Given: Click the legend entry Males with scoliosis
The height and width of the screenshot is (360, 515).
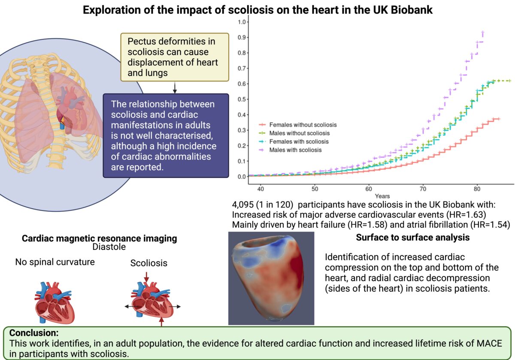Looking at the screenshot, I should (x=295, y=150).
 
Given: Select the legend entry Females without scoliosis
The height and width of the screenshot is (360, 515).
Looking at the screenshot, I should (x=303, y=125).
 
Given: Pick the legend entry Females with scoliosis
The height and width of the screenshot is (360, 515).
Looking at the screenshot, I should (x=298, y=141).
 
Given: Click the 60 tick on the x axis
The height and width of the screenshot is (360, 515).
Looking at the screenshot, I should (x=369, y=189).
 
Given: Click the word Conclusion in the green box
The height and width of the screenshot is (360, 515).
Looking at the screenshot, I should (x=33, y=333).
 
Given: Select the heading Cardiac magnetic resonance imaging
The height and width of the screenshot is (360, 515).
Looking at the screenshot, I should (x=100, y=238).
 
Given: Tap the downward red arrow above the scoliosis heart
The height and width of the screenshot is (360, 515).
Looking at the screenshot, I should (x=146, y=278).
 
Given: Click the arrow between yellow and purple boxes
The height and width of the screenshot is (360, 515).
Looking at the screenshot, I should (x=175, y=87).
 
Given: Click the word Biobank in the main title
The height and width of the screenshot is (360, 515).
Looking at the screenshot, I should (x=408, y=9).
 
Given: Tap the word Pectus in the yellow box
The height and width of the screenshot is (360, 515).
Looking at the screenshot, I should (x=140, y=42).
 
